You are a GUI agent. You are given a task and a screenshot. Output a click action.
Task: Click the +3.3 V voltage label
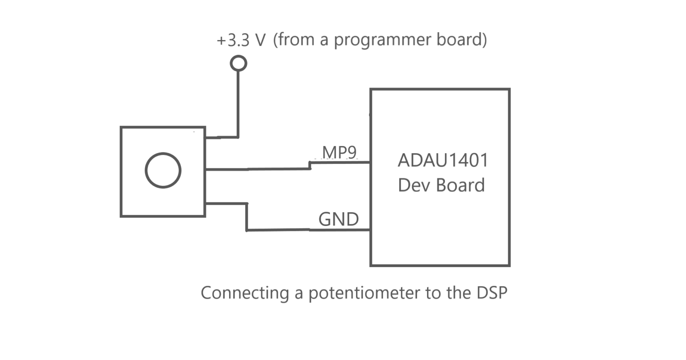241,40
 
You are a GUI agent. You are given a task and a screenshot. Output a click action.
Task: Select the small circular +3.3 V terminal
238,63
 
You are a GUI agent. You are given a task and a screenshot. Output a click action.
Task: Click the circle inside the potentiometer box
163,170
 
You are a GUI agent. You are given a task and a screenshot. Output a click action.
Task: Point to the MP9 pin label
340,152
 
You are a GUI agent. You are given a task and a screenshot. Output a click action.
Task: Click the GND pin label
339,219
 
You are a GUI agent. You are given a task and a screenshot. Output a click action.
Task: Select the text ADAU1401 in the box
443,160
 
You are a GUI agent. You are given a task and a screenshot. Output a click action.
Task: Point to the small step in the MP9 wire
310,166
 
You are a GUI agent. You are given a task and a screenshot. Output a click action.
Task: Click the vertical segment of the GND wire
247,217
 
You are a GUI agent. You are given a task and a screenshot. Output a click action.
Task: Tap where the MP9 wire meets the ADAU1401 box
370,163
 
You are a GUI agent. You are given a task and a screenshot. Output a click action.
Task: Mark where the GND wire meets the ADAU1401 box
370,230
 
